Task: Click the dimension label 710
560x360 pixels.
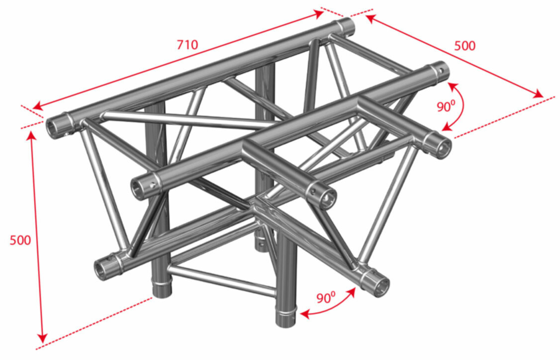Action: pyautogui.click(x=187, y=45)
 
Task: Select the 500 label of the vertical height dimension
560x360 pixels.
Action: pyautogui.click(x=20, y=240)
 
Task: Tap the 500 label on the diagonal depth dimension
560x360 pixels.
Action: pyautogui.click(x=465, y=46)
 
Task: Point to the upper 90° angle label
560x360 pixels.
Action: pyautogui.click(x=446, y=106)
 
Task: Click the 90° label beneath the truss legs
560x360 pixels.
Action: pyautogui.click(x=326, y=297)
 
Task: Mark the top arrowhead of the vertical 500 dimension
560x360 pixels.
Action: pyautogui.click(x=32, y=136)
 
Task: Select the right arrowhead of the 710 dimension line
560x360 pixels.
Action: pyautogui.click(x=319, y=13)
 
